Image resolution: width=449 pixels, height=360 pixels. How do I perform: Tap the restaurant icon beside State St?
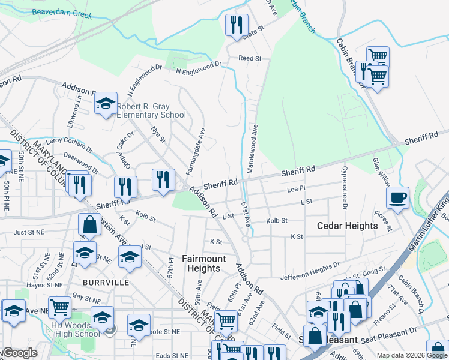pos(236,25)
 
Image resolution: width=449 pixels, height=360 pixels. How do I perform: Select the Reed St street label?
pos(250,58)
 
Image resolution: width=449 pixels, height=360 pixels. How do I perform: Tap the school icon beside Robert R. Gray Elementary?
pos(106,104)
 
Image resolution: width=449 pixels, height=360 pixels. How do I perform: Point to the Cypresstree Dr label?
pos(345,188)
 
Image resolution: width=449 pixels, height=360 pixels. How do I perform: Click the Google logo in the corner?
pos(19,353)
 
